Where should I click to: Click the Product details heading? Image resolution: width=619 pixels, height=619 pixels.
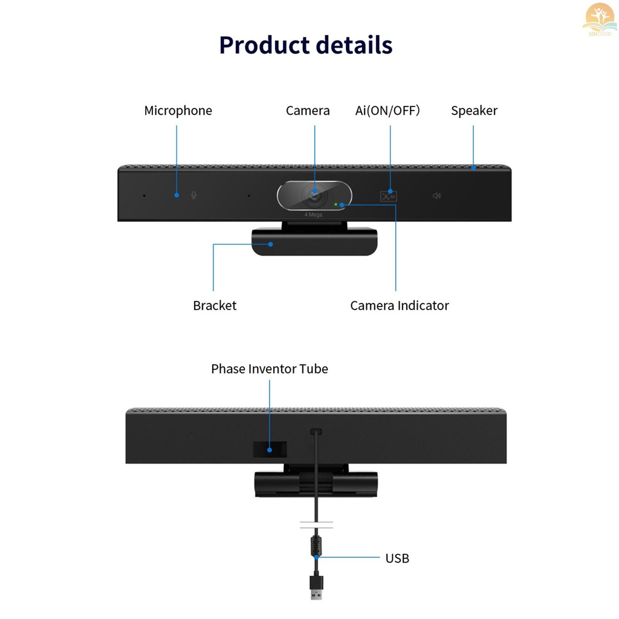[x=306, y=45]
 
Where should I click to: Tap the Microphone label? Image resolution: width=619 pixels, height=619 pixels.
[x=178, y=111]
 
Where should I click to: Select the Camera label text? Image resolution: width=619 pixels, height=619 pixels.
[x=308, y=111]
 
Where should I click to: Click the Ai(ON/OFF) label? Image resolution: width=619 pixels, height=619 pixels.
[x=387, y=111]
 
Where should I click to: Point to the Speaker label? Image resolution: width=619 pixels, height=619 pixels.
[x=474, y=111]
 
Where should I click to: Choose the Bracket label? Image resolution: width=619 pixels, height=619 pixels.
[x=215, y=306]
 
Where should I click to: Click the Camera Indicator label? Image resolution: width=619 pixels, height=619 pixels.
[x=400, y=306]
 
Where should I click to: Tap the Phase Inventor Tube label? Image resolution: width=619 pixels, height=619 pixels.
[x=270, y=369]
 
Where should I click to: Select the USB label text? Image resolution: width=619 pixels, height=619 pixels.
[x=397, y=559]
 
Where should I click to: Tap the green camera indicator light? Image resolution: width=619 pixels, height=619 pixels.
[x=335, y=204]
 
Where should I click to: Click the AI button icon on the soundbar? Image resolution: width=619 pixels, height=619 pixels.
[x=388, y=196]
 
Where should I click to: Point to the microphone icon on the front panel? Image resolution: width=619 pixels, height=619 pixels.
[x=194, y=195]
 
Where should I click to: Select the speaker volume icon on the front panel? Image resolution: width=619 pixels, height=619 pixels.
[x=436, y=196]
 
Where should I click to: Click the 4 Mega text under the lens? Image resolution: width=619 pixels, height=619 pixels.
[x=313, y=215]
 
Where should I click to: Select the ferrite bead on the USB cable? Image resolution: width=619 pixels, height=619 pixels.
[x=315, y=543]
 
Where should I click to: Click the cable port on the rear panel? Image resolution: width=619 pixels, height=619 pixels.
[x=316, y=432]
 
